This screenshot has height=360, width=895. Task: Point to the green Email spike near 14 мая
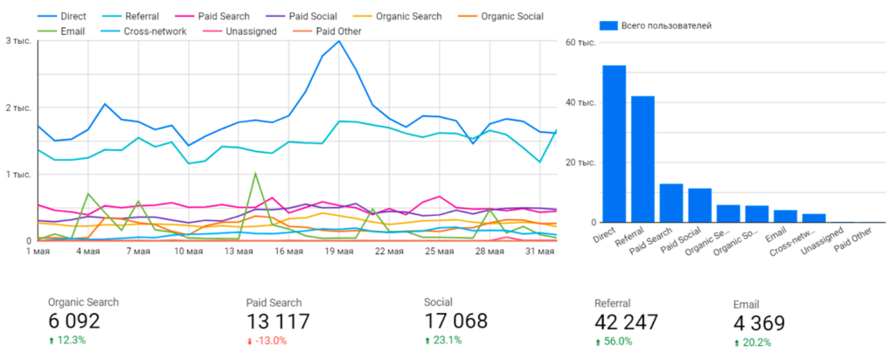pos(255,173)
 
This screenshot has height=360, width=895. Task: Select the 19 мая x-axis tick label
pos(339,253)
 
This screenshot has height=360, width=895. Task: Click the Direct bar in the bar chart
pos(614,144)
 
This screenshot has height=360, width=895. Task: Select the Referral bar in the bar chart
pos(643,159)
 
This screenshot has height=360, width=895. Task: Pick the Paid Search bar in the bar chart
pos(671,203)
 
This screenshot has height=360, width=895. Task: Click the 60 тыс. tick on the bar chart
pos(580,42)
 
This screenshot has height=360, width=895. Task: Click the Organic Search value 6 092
pos(74,322)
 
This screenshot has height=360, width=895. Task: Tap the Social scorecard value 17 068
pos(455,322)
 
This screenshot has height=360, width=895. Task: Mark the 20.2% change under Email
pos(757,343)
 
